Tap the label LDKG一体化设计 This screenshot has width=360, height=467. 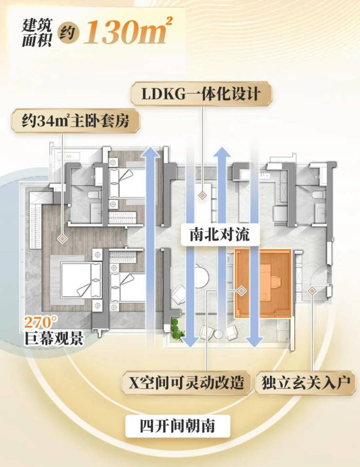pyautogui.click(x=201, y=94)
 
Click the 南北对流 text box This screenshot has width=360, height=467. pyautogui.click(x=219, y=235)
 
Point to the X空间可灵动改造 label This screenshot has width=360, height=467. pyautogui.click(x=186, y=382)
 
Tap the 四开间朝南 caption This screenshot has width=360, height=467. pyautogui.click(x=178, y=426)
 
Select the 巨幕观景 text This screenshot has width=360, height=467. pyautogui.click(x=54, y=338)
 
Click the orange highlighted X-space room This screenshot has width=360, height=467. pyautogui.click(x=263, y=283)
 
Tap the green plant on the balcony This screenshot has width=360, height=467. pyautogui.click(x=177, y=328)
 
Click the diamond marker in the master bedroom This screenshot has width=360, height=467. pyautogui.click(x=62, y=239)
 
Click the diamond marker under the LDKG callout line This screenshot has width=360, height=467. pyautogui.click(x=202, y=195)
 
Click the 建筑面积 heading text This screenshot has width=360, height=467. pyautogui.click(x=36, y=33)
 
